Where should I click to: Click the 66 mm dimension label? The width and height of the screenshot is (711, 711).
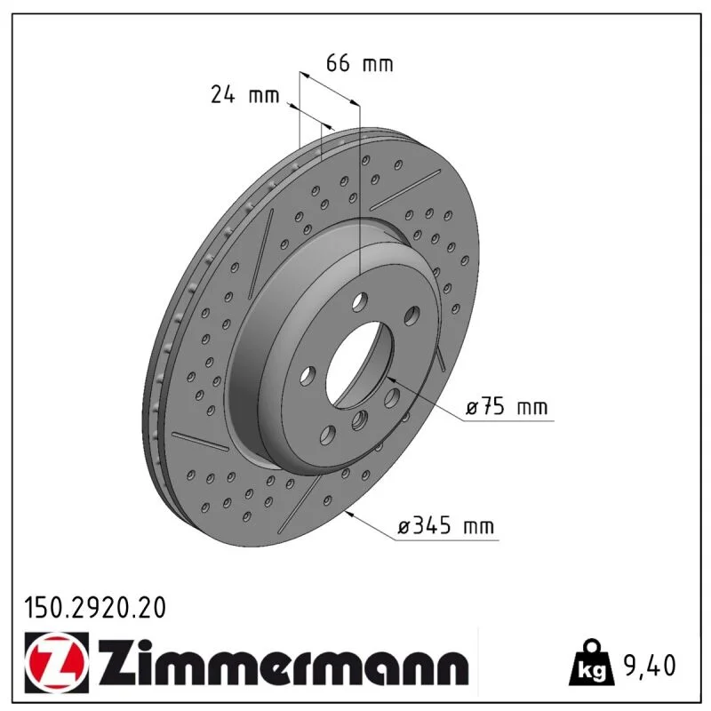click(360, 63)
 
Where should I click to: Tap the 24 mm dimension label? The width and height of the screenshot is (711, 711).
click(245, 95)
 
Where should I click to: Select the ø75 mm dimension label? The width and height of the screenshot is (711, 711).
click(507, 406)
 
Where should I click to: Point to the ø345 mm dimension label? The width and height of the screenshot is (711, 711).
click(446, 525)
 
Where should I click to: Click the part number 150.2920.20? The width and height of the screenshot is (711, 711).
click(95, 608)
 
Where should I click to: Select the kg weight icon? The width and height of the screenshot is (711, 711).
click(593, 662)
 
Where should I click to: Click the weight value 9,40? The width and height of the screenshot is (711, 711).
click(650, 665)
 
